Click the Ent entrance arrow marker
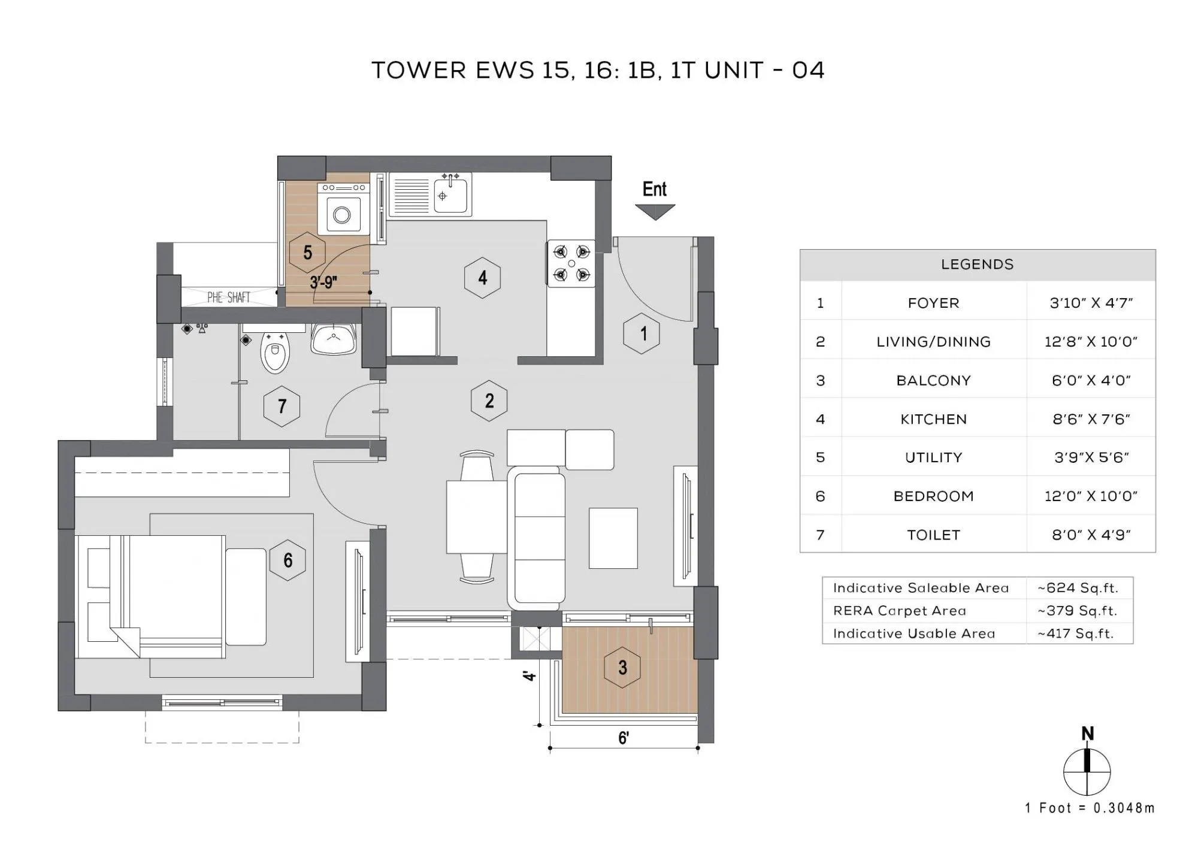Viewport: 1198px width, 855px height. [655, 211]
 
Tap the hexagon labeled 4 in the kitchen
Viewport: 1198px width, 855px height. [482, 278]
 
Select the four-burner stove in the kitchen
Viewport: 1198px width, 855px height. [571, 263]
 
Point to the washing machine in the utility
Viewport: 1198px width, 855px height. [342, 214]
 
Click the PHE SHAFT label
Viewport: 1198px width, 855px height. [228, 298]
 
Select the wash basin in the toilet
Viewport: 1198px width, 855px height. [333, 338]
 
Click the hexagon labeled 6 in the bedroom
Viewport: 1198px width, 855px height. [288, 560]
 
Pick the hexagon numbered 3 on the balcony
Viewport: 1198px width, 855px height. [622, 667]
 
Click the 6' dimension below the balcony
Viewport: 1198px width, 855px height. [623, 738]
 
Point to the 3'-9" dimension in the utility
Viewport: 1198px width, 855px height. [323, 283]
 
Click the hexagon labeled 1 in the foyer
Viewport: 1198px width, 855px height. [642, 333]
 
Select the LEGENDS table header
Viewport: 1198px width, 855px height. [977, 265]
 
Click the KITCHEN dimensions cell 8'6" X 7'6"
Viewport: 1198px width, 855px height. [1091, 419]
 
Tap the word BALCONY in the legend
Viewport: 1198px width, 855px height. [933, 381]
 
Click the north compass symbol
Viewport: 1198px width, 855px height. [1087, 771]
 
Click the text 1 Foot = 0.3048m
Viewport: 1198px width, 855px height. [1090, 808]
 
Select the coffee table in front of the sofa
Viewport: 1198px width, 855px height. [613, 538]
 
